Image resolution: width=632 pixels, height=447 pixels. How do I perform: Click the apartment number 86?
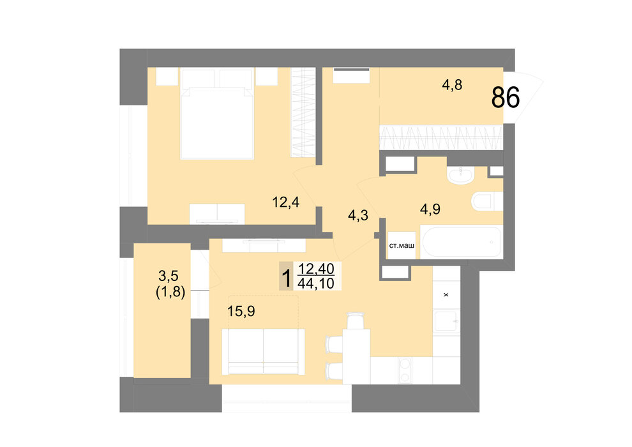click(506, 98)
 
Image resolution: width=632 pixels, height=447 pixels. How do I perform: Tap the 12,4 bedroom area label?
click(286, 202)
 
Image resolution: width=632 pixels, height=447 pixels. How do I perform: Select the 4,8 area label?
click(452, 85)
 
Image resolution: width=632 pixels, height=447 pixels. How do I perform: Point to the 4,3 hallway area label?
click(358, 215)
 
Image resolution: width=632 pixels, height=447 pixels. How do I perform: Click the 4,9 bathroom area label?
click(430, 209)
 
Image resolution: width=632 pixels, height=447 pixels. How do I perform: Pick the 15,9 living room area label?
click(241, 311)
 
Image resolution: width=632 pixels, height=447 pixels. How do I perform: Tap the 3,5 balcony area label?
click(169, 276)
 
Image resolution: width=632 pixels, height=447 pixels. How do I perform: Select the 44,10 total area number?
click(316, 284)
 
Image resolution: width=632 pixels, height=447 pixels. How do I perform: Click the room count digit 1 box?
click(287, 276)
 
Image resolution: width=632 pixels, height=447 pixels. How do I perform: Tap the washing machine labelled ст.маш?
click(402, 245)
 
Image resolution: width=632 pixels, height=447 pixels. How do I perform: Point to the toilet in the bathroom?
click(487, 201)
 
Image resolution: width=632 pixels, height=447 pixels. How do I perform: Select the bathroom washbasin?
click(460, 175)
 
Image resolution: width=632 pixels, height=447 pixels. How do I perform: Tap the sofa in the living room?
click(263, 352)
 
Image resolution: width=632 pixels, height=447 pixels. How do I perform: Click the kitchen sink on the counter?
click(446, 322)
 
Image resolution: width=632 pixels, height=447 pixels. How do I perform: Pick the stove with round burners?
click(405, 370)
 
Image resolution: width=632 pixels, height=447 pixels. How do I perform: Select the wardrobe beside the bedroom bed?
click(303, 112)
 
